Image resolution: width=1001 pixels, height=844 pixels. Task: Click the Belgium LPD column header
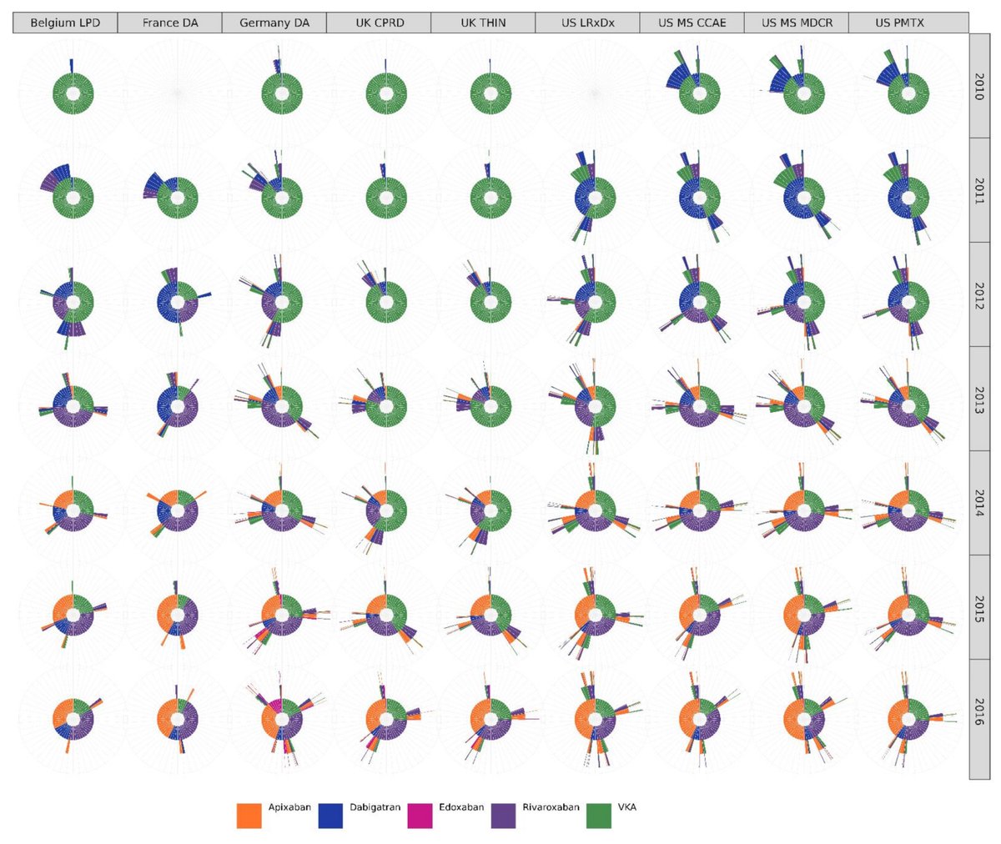coord(65,23)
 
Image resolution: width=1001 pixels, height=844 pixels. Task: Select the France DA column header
coord(170,23)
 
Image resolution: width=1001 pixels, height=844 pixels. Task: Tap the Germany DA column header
coord(274,23)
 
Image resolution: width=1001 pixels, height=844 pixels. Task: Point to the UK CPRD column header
coord(379,23)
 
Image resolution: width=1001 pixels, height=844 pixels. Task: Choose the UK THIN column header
coord(483,23)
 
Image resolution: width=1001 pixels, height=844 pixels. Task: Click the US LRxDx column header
coord(588,23)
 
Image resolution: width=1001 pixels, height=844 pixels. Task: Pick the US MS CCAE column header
coord(692,23)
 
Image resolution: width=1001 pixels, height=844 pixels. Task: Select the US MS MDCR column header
coord(797,23)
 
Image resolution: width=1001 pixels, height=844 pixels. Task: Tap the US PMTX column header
coord(901,23)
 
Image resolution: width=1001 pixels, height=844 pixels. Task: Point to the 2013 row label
coord(978,400)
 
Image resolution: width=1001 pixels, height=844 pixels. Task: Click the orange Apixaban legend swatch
coord(249,816)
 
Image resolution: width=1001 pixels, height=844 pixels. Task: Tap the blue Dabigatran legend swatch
coord(331,816)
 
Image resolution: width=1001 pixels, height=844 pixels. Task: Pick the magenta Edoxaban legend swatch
coord(420,816)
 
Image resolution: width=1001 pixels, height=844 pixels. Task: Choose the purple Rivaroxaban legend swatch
coord(503,816)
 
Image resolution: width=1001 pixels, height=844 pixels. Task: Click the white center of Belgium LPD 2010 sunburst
coord(73,92)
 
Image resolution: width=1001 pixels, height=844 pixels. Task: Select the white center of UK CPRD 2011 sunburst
coord(386,197)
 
